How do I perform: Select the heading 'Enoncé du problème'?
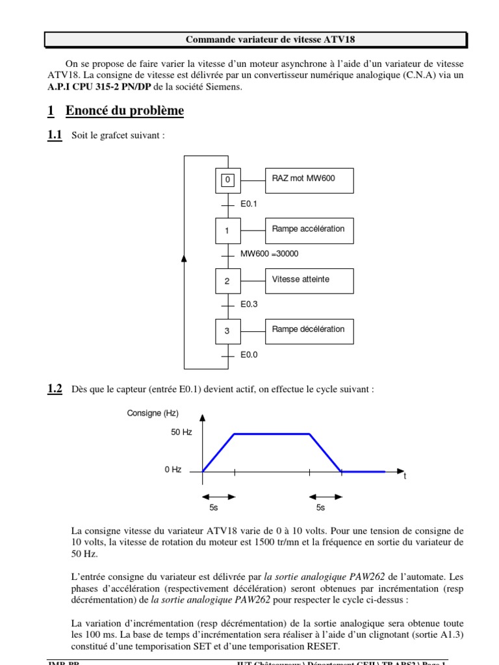click(124, 111)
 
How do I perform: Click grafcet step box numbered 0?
click(227, 180)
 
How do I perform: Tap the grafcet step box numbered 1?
click(227, 231)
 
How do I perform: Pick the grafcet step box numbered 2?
click(227, 281)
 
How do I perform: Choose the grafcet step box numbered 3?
click(227, 331)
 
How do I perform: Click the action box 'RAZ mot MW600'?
click(309, 179)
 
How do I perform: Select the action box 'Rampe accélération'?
click(309, 230)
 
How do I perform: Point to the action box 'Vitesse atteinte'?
click(309, 281)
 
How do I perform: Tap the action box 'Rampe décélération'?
click(309, 330)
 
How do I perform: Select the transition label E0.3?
click(249, 304)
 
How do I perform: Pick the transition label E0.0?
click(249, 355)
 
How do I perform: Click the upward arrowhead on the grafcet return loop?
click(185, 259)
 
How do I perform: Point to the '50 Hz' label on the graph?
click(180, 433)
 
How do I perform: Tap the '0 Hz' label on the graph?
click(173, 470)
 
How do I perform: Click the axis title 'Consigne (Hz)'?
click(153, 413)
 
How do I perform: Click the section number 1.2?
click(55, 389)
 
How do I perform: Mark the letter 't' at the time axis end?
click(405, 477)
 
